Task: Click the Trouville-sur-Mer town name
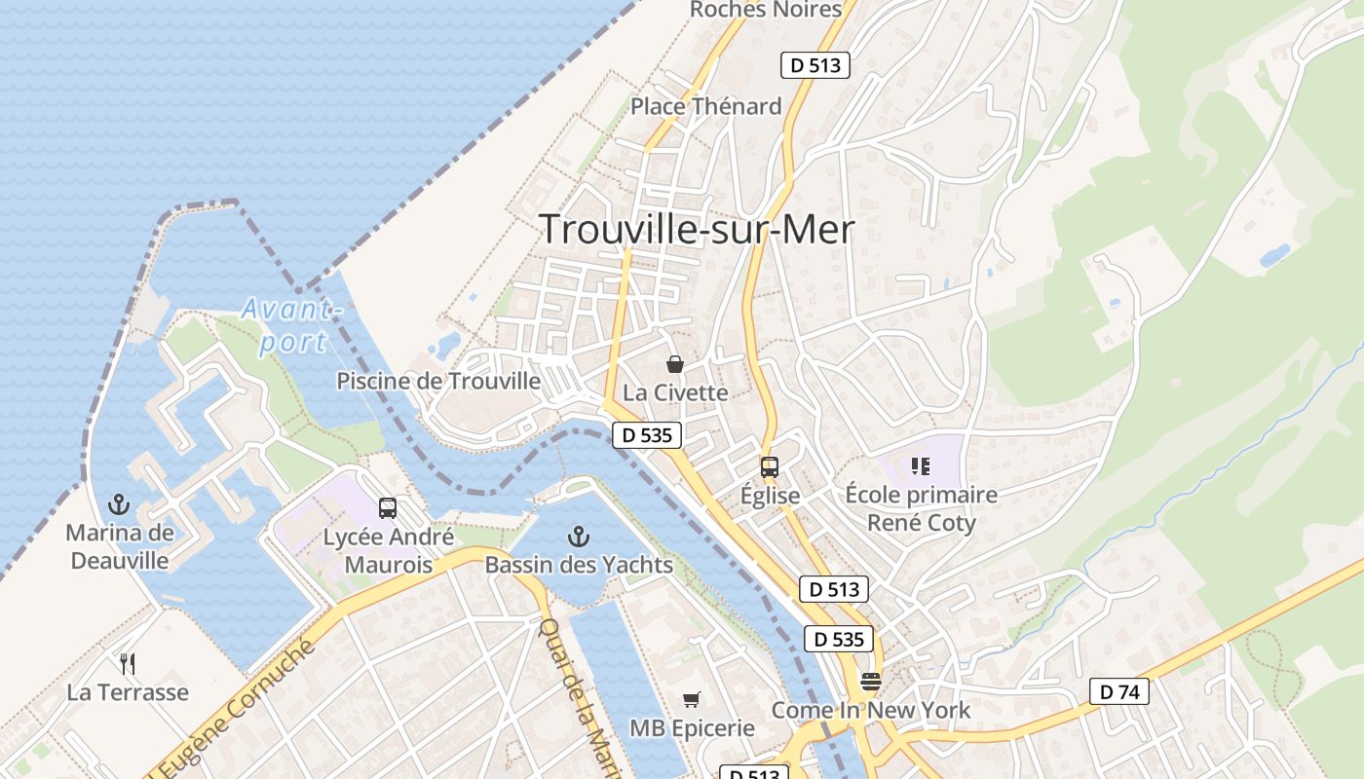697,230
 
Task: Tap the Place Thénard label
705,106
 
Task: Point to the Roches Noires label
766,10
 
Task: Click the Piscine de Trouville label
438,381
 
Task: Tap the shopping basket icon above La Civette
674,365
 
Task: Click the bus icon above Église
770,467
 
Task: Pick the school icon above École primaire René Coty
920,466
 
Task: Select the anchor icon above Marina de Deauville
119,504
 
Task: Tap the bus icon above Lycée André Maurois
388,508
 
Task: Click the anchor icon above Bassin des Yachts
579,537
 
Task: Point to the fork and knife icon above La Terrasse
128,664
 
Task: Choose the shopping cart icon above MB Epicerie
692,699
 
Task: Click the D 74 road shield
1119,691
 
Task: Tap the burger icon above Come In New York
870,682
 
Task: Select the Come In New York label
870,710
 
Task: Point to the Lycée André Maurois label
388,550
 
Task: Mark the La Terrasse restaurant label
128,692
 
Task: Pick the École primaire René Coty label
921,508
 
